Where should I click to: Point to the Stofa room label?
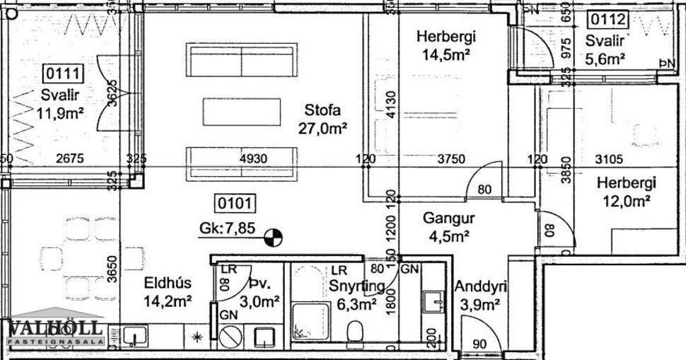tap(323, 110)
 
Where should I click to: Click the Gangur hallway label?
tap(448, 218)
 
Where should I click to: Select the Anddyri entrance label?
tap(478, 288)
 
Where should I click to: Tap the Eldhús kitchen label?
tap(168, 284)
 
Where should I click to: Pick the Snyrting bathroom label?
tap(356, 286)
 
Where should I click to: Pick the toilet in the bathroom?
tap(355, 329)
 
